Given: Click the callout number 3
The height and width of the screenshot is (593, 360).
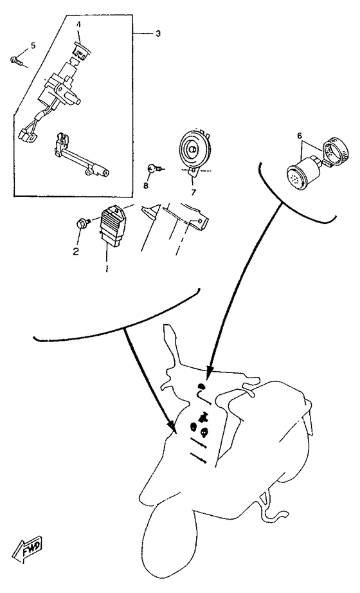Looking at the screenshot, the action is (x=157, y=33).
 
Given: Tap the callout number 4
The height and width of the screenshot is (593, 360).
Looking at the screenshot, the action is (x=78, y=24).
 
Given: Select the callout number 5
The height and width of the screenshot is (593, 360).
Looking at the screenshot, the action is (x=33, y=46).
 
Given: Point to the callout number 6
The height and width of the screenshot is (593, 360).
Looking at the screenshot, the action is (x=300, y=135).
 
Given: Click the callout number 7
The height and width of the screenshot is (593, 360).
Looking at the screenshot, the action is (x=194, y=192).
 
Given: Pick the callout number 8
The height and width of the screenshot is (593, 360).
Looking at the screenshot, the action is (x=145, y=185).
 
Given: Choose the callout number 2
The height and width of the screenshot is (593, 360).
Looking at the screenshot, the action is (x=76, y=251).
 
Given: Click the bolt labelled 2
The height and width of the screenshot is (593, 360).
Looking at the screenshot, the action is (x=82, y=222).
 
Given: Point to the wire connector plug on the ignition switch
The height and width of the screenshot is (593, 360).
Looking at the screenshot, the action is (x=26, y=136).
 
